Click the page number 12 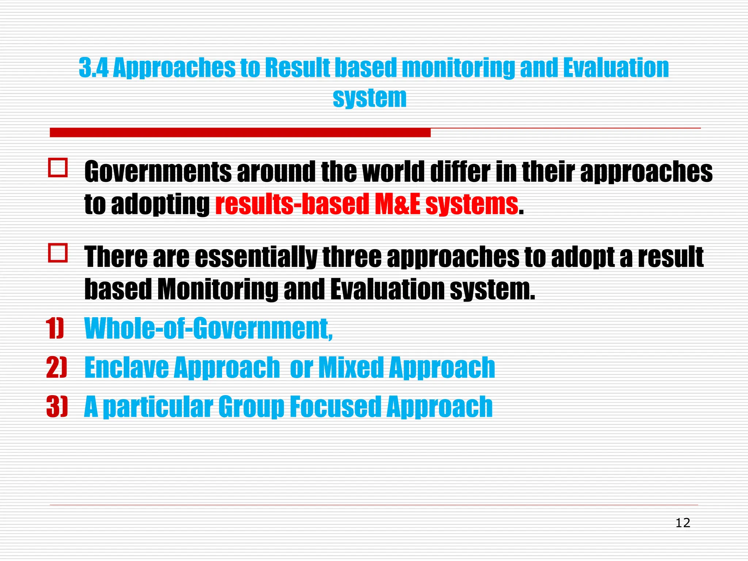pos(683,523)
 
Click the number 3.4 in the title pos(93,68)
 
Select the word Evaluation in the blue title pos(616,68)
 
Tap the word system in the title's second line pos(369,98)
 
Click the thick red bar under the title pos(240,132)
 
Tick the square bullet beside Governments pos(58,168)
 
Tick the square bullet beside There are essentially pos(58,253)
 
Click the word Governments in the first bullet pos(158,172)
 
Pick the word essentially pos(256,257)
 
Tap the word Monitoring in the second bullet pos(218,290)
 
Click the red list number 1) pos(55,328)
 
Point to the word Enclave pos(126,367)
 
